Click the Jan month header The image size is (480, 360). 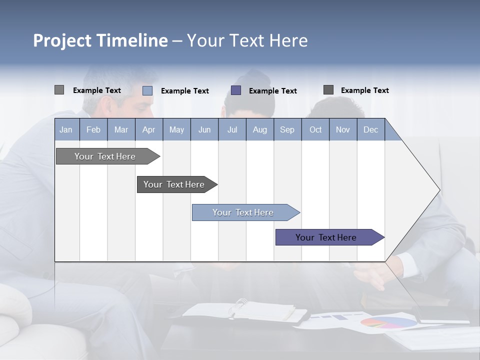click(66, 129)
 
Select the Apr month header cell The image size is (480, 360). click(148, 129)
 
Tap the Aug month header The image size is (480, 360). click(259, 129)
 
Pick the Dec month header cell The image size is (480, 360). click(370, 129)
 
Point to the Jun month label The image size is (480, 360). click(204, 129)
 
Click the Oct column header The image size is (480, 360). click(315, 129)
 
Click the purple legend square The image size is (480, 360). click(236, 90)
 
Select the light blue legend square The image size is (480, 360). click(147, 90)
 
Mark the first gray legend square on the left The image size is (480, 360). click(59, 90)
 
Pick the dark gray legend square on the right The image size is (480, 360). click(328, 90)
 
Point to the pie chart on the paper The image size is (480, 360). click(388, 322)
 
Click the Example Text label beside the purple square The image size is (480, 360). click(272, 90)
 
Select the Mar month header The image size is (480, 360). click(121, 129)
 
